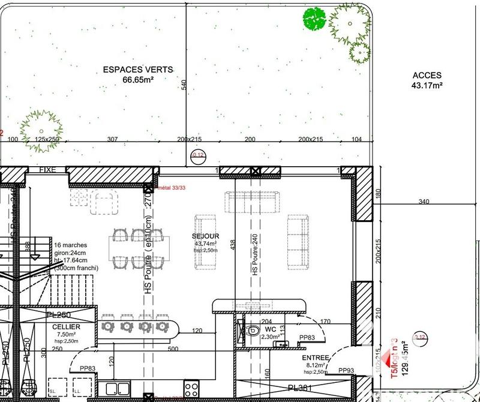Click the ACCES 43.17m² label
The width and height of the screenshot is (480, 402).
(x=427, y=80)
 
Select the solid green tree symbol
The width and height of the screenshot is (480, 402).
(x=314, y=19)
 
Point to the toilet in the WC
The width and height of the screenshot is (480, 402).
(x=252, y=329)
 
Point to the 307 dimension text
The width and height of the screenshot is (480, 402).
(x=112, y=139)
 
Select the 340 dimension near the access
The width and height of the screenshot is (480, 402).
(x=424, y=202)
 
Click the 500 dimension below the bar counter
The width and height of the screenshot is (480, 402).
(x=173, y=348)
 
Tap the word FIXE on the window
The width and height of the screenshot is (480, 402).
(x=47, y=170)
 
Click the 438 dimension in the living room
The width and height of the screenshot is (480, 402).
(x=233, y=245)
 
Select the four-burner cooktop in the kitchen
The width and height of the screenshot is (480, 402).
(x=191, y=387)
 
